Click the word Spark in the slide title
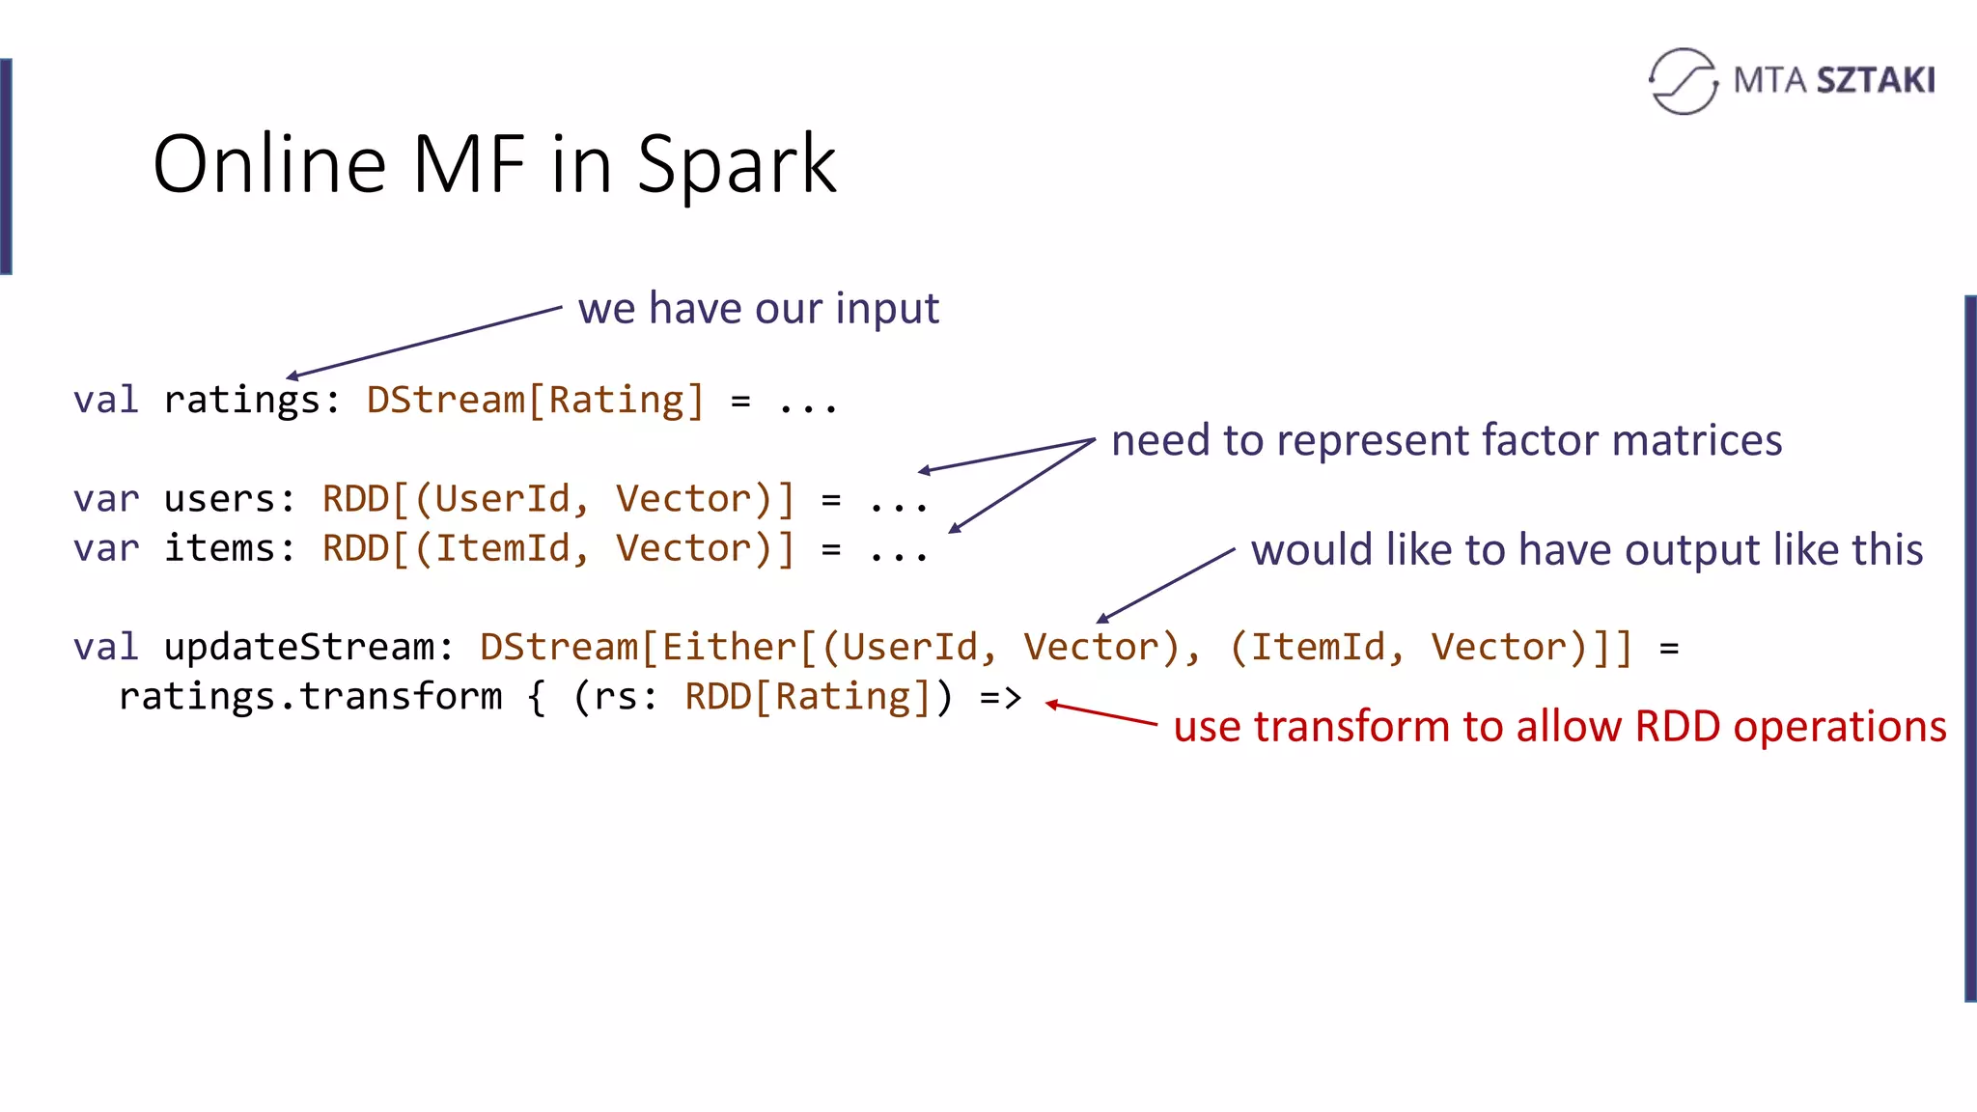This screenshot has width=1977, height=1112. [737, 165]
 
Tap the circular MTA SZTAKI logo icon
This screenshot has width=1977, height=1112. [1683, 81]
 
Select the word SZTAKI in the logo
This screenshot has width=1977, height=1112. [1876, 81]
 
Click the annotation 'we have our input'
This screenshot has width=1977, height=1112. [758, 309]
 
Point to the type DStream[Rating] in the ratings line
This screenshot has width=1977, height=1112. [535, 400]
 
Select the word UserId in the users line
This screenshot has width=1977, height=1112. [501, 499]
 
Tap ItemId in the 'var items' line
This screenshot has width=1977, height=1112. [501, 548]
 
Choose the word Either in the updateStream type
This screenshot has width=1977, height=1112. [730, 647]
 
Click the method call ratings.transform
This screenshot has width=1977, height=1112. [310, 697]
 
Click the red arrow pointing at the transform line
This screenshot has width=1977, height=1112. [1100, 713]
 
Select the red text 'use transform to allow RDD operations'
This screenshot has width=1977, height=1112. [1559, 727]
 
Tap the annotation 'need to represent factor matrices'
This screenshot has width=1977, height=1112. [1446, 440]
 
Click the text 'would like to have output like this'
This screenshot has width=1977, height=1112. [1586, 550]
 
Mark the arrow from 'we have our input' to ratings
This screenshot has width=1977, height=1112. [425, 342]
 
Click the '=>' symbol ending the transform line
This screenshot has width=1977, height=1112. [1000, 697]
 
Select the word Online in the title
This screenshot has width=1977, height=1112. [269, 165]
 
